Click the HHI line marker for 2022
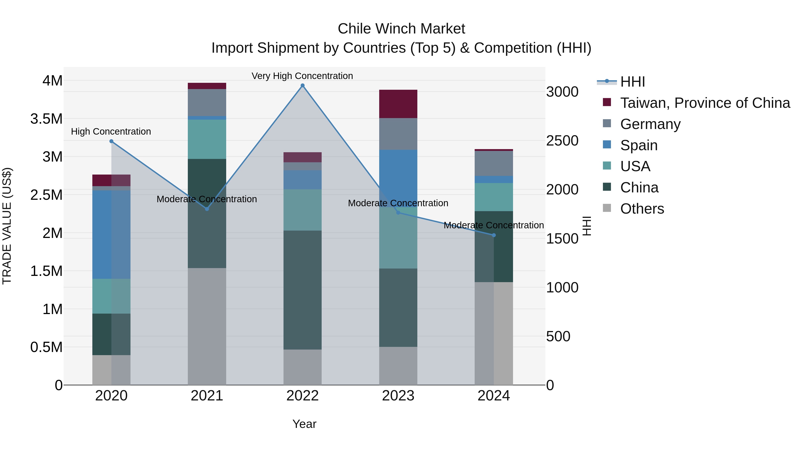[x=302, y=85]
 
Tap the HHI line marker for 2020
[x=111, y=141]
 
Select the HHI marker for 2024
[x=493, y=235]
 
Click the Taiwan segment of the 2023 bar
[x=398, y=104]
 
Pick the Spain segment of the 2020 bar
[x=111, y=234]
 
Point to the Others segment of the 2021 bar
[x=207, y=326]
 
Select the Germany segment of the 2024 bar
[x=493, y=163]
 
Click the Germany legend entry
[x=650, y=124]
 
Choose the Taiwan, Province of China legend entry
[x=705, y=103]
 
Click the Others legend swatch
[x=607, y=208]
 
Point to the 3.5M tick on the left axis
[x=46, y=119]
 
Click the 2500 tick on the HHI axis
[x=562, y=141]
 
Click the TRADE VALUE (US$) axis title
[x=7, y=226]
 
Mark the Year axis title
[x=304, y=424]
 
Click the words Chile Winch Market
[x=401, y=29]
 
